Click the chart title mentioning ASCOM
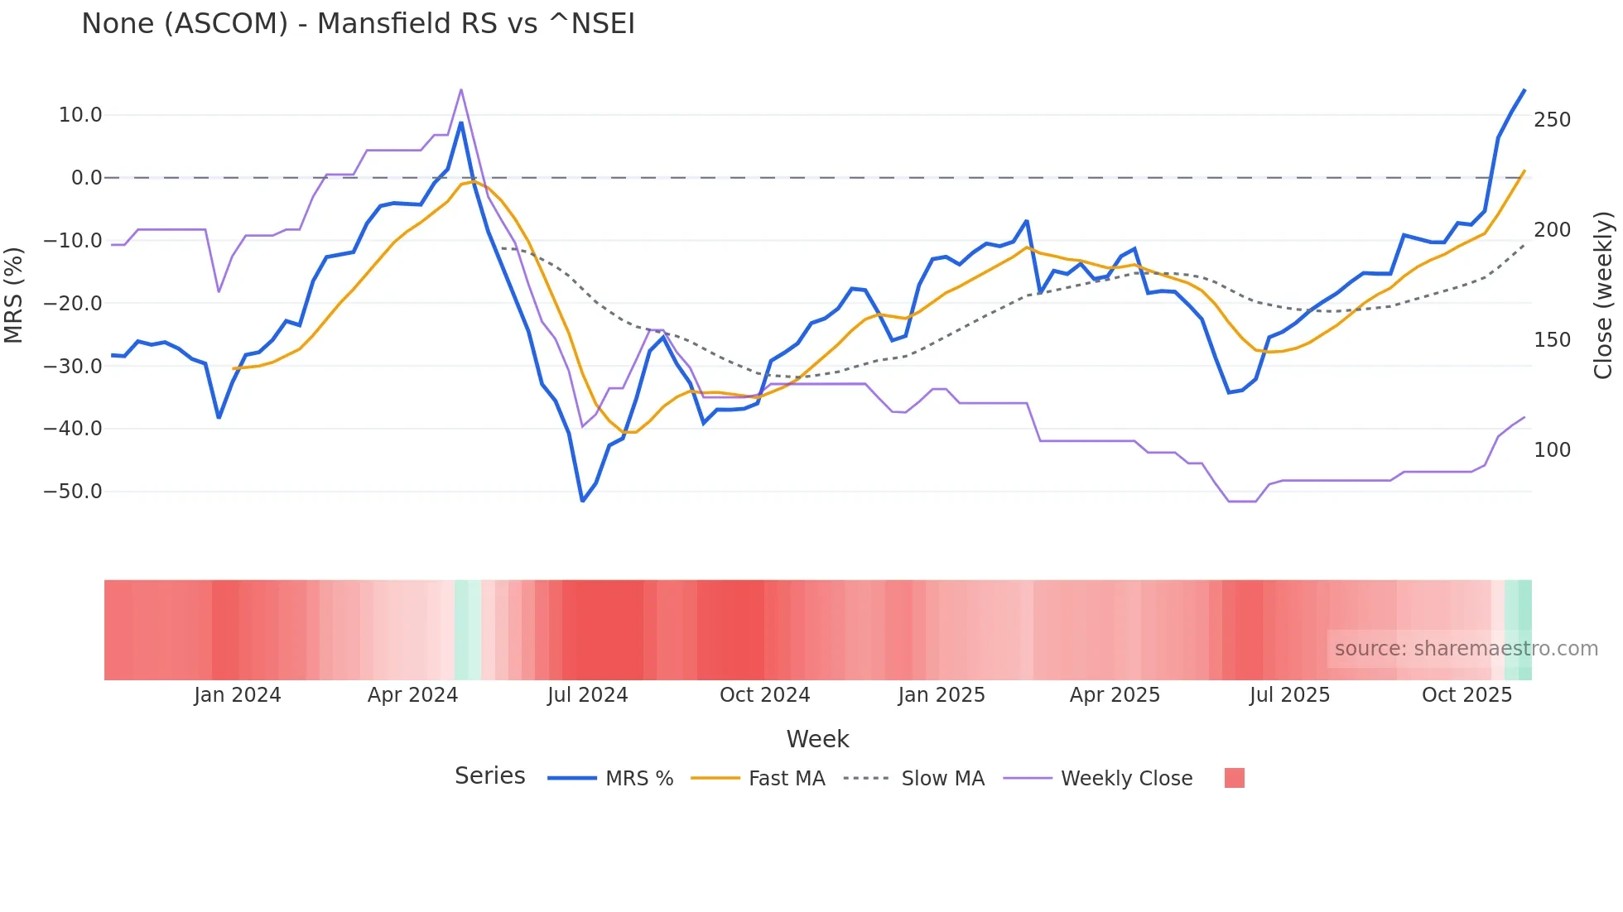[x=358, y=24]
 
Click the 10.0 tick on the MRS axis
[x=80, y=115]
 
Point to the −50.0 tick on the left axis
[x=73, y=492]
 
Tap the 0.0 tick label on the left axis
[x=86, y=178]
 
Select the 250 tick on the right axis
[x=1552, y=120]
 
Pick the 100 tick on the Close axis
[x=1552, y=450]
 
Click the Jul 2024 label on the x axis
[x=587, y=695]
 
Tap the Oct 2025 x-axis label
[x=1466, y=695]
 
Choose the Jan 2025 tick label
[x=942, y=695]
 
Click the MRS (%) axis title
[x=14, y=295]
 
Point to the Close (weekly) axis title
[x=1603, y=295]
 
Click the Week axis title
[x=817, y=739]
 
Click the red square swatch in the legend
[x=1234, y=778]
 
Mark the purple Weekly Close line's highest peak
[x=461, y=89]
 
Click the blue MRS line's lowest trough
[x=582, y=501]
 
